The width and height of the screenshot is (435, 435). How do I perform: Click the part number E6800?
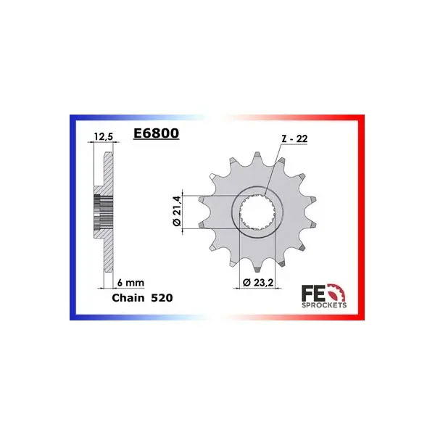coord(156,133)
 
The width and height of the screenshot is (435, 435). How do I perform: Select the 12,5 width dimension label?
coord(104,136)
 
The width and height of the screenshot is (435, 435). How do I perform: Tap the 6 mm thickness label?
coord(130,283)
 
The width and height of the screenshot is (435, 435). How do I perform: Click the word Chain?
coord(128,298)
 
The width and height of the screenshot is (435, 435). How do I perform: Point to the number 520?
coord(162,298)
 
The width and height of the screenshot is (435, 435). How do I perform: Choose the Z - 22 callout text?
coord(294,138)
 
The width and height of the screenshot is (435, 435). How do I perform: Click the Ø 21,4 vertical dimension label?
coord(177,210)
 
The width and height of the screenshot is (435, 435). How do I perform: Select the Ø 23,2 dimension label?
coord(258,283)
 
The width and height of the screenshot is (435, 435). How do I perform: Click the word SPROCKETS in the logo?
coord(324,305)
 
